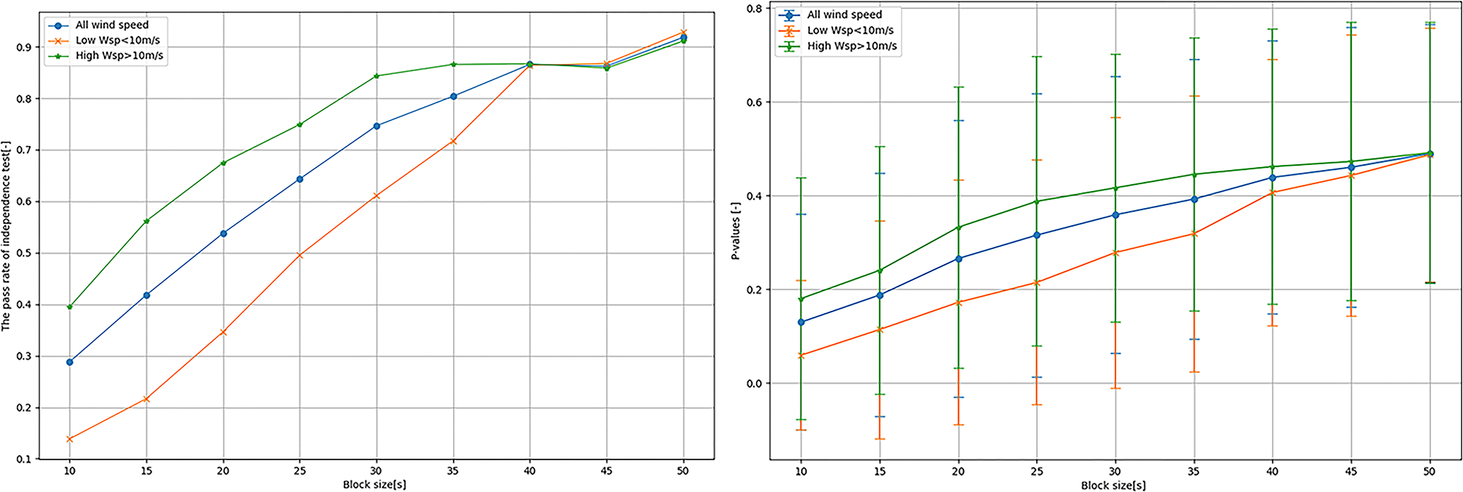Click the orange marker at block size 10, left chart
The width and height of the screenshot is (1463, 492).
(x=69, y=439)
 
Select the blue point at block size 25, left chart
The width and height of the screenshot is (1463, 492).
(x=300, y=179)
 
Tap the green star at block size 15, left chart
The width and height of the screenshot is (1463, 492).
(x=147, y=221)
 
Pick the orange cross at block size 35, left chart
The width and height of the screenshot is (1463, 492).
(x=454, y=142)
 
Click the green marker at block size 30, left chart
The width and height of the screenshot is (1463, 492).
(x=377, y=76)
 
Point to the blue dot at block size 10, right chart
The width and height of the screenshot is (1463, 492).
(x=801, y=322)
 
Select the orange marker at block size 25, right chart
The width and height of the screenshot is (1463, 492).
(x=1037, y=282)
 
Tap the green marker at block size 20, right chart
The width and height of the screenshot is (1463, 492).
(x=958, y=227)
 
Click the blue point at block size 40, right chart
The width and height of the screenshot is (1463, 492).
(x=1273, y=178)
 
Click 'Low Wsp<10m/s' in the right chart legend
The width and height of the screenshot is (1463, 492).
(x=850, y=30)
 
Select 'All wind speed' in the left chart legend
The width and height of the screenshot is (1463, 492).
(x=112, y=25)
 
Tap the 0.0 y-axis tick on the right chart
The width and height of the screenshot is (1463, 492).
(x=755, y=384)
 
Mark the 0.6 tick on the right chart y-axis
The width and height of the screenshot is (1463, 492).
(x=755, y=102)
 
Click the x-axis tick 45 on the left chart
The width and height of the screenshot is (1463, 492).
(x=606, y=471)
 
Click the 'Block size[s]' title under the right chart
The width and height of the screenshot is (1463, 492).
(x=1113, y=486)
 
